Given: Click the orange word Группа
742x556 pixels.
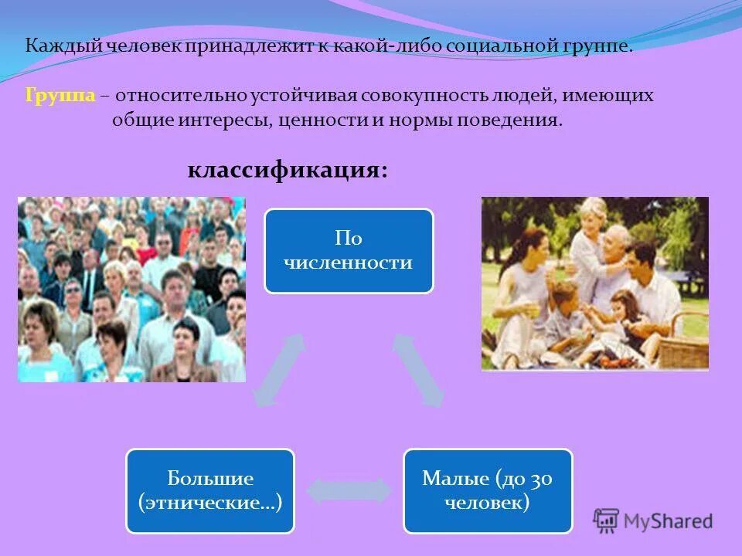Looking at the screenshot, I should coord(60,96).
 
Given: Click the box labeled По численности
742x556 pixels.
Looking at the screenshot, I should coord(349,251).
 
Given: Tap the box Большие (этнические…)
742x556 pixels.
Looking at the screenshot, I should coord(210,491).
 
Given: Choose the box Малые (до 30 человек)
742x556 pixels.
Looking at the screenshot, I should coord(488,491).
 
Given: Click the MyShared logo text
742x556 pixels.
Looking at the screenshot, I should coord(669,521).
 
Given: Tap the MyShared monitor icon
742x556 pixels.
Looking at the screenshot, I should coord(607,520).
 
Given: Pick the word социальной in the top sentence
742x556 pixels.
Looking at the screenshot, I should coord(488,46).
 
